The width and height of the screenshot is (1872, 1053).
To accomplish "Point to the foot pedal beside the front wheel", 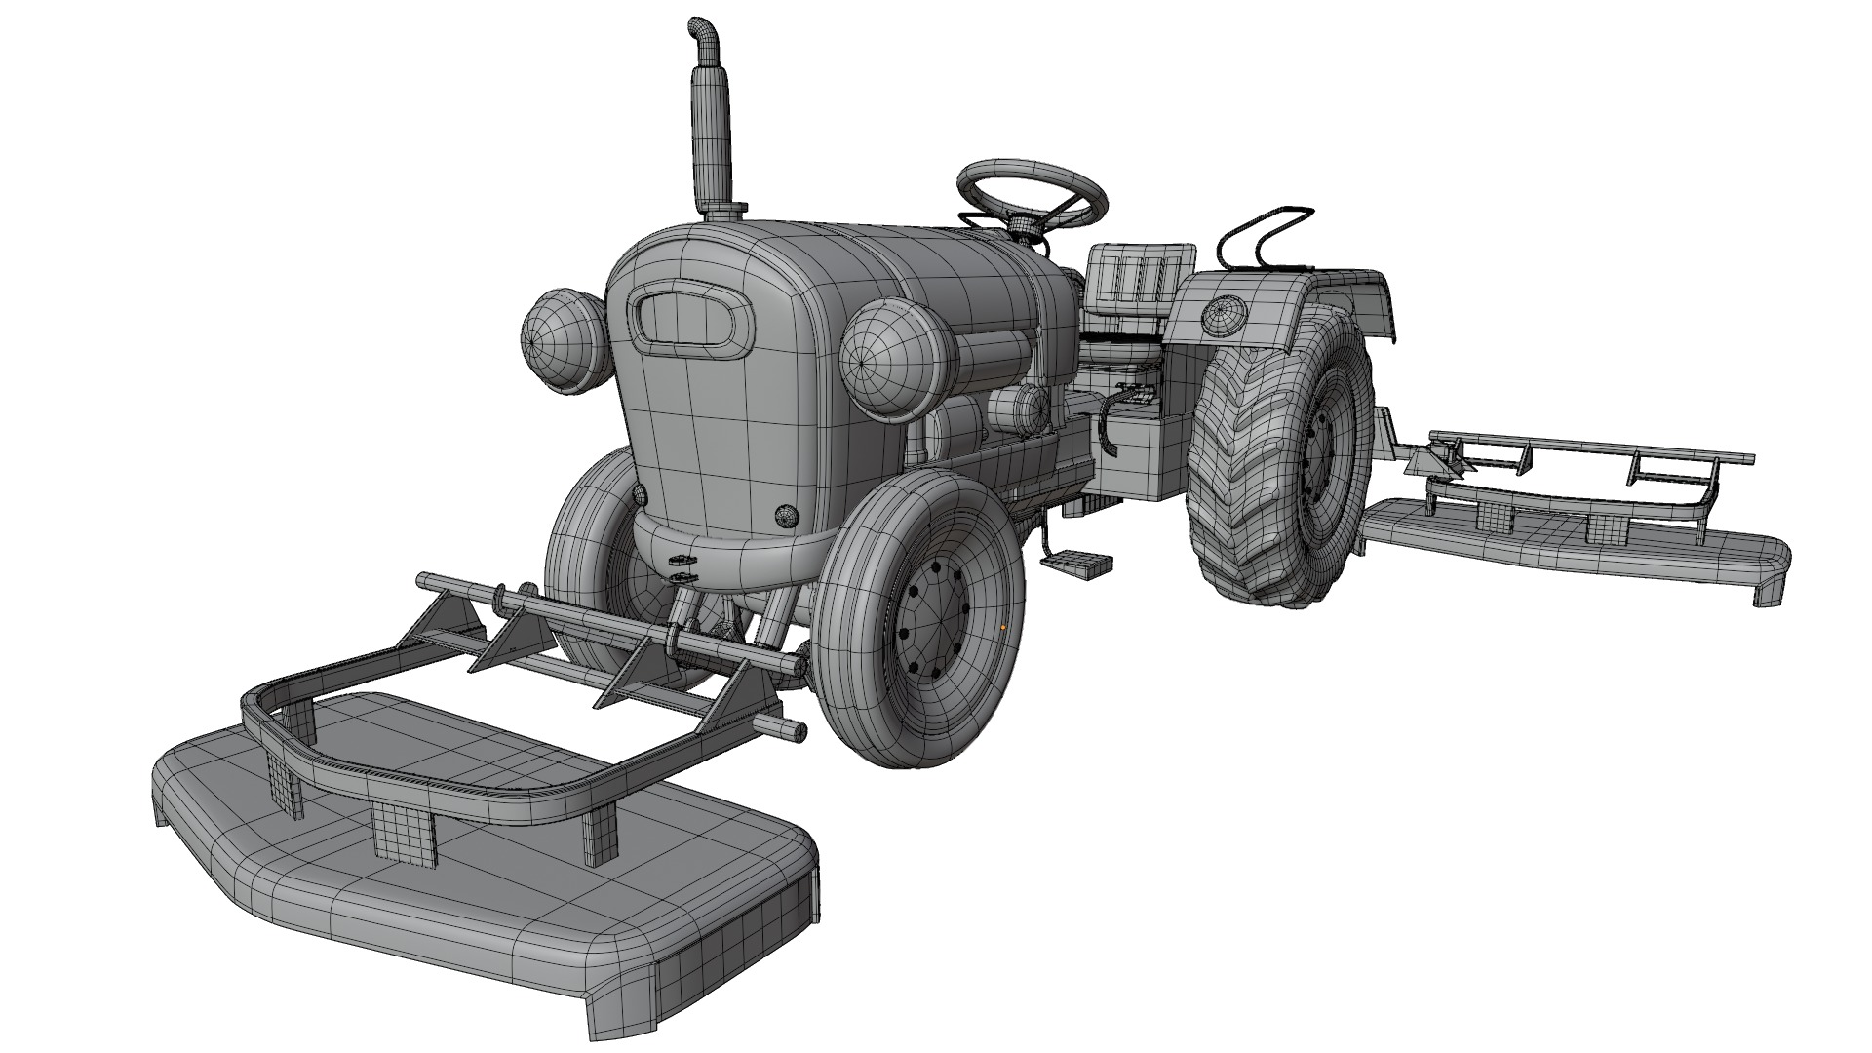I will pyautogui.click(x=1077, y=564).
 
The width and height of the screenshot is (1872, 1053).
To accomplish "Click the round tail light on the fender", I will pyautogui.click(x=1225, y=314).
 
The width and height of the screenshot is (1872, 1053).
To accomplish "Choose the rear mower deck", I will pyautogui.click(x=1579, y=546).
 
